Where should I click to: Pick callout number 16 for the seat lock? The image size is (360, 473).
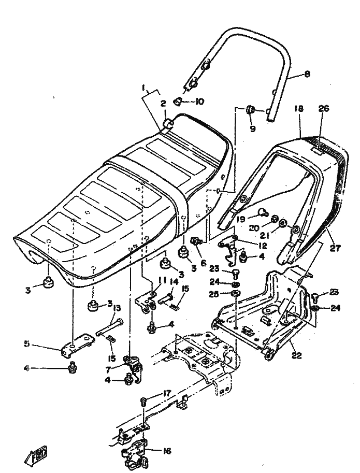(167, 451)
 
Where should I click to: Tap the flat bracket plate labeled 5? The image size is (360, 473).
(75, 348)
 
